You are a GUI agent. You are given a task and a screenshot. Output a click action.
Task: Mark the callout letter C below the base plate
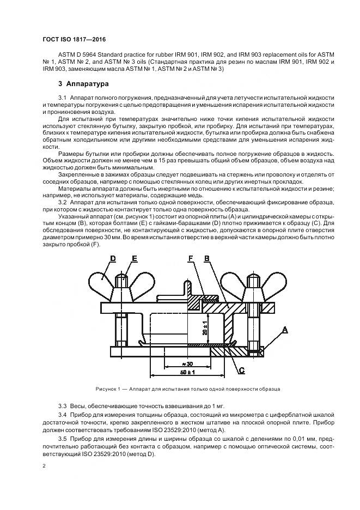pyautogui.click(x=240, y=371)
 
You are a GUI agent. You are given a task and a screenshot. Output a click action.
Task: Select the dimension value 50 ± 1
pyautogui.click(x=188, y=372)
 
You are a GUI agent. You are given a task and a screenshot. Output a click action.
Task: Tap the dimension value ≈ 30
pyautogui.click(x=188, y=363)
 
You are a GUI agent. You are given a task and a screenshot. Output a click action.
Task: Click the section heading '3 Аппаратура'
pyautogui.click(x=83, y=84)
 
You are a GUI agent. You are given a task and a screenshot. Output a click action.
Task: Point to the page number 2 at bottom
pyautogui.click(x=44, y=466)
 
